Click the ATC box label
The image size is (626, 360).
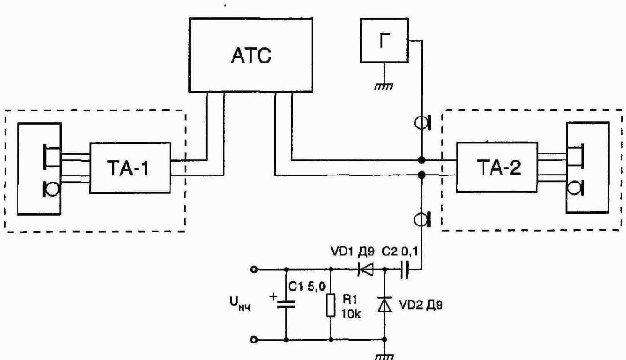coord(251,55)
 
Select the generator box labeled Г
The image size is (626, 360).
coord(384,40)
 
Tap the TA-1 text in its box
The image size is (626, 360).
coord(128,168)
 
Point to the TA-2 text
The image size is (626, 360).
coord(499,167)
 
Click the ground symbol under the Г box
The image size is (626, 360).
coord(384,86)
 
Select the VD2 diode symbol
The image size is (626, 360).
coord(385,304)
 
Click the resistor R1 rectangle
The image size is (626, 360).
coord(331,305)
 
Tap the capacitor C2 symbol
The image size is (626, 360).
coord(404,270)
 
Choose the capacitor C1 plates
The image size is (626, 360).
coord(286,304)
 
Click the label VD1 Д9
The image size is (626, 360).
coord(352,252)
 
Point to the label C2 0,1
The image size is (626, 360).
coord(400,252)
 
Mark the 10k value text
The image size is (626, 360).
coord(351,314)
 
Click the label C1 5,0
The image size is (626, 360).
coord(307,287)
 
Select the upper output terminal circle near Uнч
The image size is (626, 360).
coord(254,270)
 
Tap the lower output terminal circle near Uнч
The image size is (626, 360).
coord(254,339)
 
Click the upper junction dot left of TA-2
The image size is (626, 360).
coord(421,160)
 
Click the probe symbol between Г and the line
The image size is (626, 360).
coord(423,122)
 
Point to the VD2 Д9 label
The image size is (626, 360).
coord(421,305)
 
